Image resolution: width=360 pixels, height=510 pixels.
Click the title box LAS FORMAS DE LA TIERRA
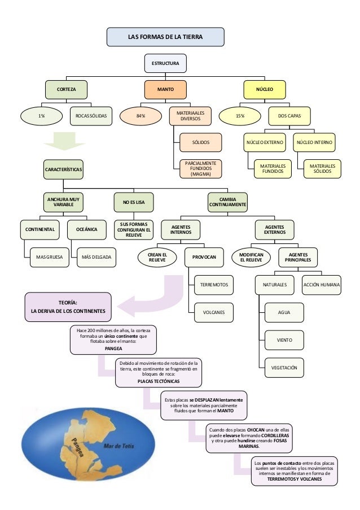(x=165, y=37)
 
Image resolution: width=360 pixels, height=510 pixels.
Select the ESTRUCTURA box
(x=165, y=64)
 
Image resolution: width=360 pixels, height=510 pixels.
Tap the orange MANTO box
(x=165, y=89)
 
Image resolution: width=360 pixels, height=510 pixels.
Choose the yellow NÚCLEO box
(x=264, y=89)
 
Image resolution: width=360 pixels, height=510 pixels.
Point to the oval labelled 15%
(x=240, y=116)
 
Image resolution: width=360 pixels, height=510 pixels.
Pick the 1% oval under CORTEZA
(x=41, y=116)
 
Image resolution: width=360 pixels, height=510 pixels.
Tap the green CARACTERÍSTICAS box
(x=64, y=169)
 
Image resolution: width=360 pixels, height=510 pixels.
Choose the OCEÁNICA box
(x=86, y=230)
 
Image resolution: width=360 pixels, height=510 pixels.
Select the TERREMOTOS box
(x=214, y=286)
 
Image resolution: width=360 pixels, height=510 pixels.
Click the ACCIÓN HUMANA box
(x=322, y=285)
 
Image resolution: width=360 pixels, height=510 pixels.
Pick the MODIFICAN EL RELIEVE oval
(x=251, y=258)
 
